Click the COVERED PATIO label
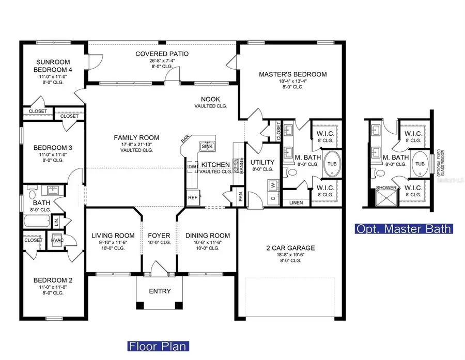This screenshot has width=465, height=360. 162,54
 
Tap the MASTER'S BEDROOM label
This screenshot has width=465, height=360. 292,74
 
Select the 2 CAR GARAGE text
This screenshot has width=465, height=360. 288,248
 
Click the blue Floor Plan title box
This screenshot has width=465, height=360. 158,346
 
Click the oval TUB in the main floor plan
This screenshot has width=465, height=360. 331,164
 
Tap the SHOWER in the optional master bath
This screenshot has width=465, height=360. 385,188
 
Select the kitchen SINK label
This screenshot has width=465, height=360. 207,146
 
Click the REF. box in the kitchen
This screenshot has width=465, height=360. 193,198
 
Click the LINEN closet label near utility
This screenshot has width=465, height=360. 296,202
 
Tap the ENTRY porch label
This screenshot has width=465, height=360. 160,291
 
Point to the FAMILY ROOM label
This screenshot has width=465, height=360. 137,137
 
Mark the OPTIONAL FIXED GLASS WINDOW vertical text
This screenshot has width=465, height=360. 440,164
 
